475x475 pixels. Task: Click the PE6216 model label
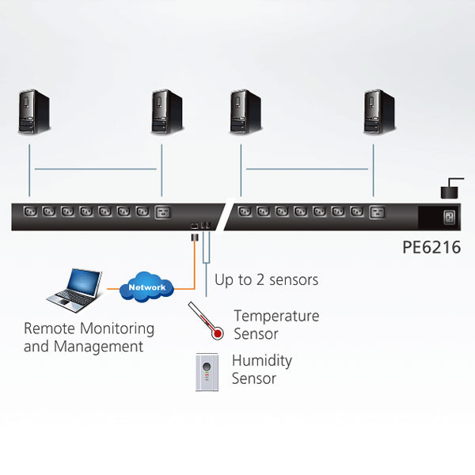(431, 248)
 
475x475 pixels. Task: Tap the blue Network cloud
(146, 287)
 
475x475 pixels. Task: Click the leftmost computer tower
(35, 112)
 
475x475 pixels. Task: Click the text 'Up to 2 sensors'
(266, 279)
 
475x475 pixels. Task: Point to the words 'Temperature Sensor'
(276, 325)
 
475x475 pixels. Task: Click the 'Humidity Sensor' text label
(262, 370)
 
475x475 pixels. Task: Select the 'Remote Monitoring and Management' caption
(89, 337)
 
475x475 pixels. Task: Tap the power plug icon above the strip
(451, 189)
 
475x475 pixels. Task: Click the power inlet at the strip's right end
(450, 216)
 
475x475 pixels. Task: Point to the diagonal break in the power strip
(223, 216)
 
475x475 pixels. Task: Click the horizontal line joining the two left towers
(95, 169)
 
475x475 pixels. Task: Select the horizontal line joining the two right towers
(307, 169)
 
